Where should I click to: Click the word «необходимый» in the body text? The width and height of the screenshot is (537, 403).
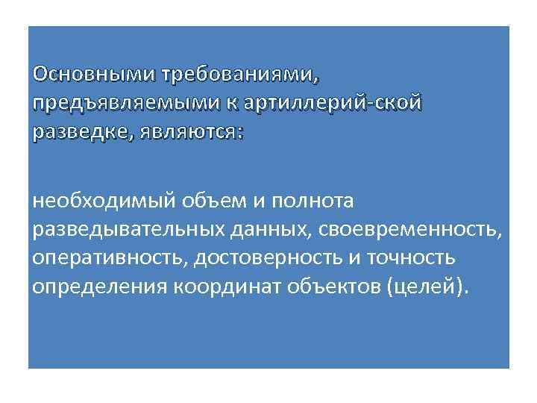[x=104, y=201]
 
